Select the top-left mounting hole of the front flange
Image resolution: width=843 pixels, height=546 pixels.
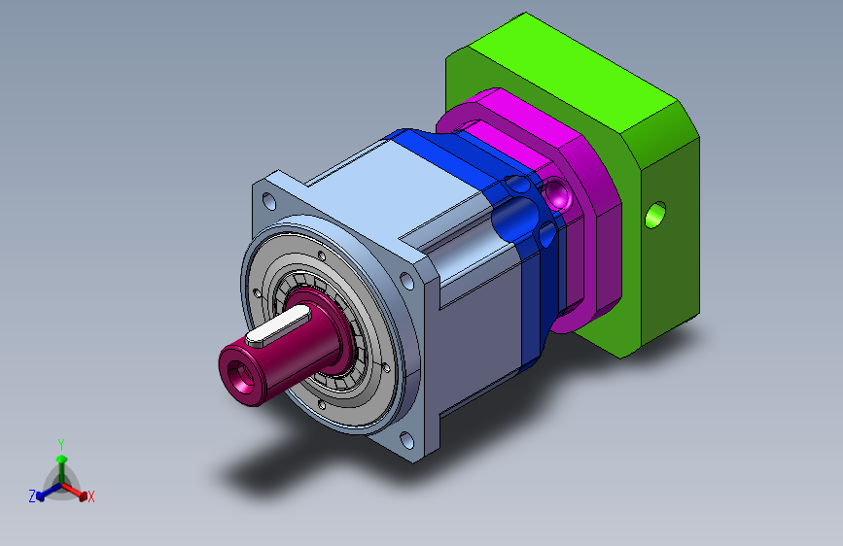point(267,201)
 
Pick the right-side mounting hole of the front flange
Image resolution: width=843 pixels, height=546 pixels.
point(409,282)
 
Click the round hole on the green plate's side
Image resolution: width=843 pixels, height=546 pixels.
point(656,213)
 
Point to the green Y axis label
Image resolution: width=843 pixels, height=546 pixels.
point(60,444)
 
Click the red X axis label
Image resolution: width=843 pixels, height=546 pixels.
point(91,497)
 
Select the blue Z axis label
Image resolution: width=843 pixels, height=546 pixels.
point(32,496)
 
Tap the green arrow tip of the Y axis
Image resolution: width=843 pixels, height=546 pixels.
point(61,458)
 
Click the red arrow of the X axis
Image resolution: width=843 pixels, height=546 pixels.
point(82,492)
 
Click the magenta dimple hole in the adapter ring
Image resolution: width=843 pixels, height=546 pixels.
point(558,195)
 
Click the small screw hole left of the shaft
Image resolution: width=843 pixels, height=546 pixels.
point(255,290)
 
